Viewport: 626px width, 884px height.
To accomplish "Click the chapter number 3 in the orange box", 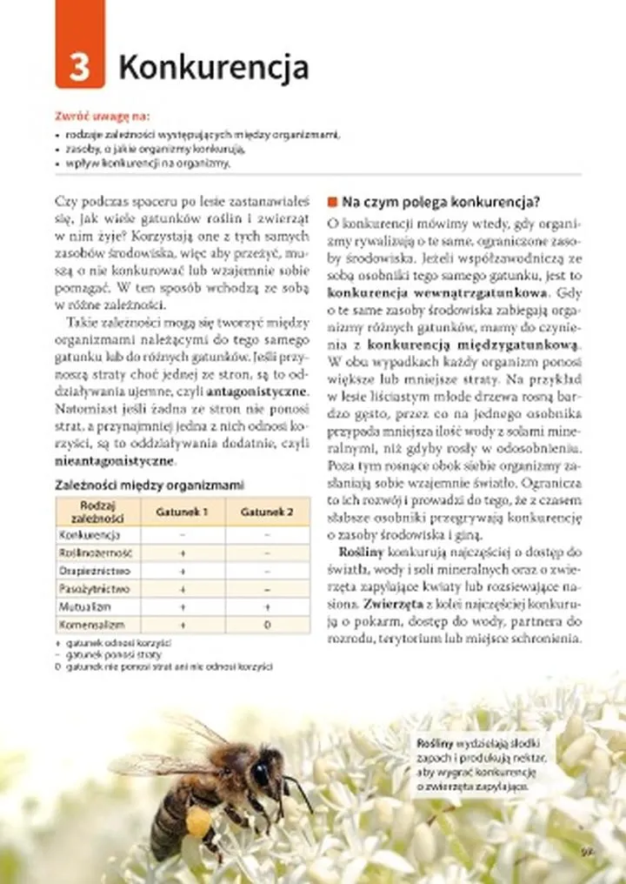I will click(79, 66).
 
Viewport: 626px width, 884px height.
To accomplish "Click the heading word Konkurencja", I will click(213, 67).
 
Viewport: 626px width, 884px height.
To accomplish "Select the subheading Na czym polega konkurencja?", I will click(441, 202).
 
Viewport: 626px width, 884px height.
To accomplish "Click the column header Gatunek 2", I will click(266, 512).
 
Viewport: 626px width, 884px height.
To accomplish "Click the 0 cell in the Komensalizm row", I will click(266, 625).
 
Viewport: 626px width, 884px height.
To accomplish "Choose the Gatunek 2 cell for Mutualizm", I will click(266, 607).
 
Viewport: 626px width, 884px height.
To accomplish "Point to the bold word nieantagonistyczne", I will click(114, 461).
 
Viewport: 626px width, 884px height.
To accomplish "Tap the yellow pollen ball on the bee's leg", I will click(199, 821).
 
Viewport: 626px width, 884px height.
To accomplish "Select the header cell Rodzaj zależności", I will click(98, 512).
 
